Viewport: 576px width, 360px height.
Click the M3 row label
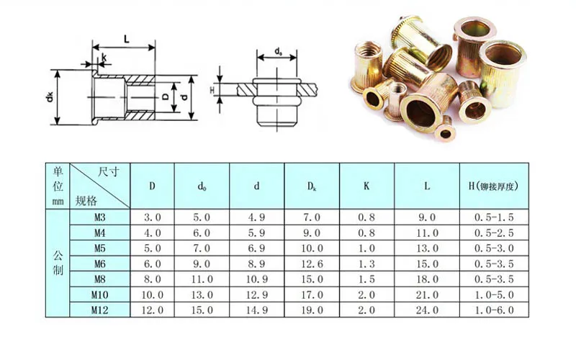pos(100,217)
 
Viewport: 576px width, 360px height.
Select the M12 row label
pos(100,310)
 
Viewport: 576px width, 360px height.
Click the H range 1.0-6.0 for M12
pos(493,310)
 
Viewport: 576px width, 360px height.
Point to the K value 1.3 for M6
pos(366,264)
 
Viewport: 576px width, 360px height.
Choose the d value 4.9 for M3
pos(257,217)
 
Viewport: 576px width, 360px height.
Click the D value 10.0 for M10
pos(153,294)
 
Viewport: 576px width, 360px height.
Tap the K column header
pos(366,186)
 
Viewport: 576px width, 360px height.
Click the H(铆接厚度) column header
pos(493,186)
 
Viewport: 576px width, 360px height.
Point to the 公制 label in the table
pos(58,263)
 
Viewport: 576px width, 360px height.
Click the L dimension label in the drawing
pos(126,40)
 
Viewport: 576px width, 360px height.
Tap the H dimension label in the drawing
pos(212,90)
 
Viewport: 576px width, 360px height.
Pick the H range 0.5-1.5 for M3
pos(493,217)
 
